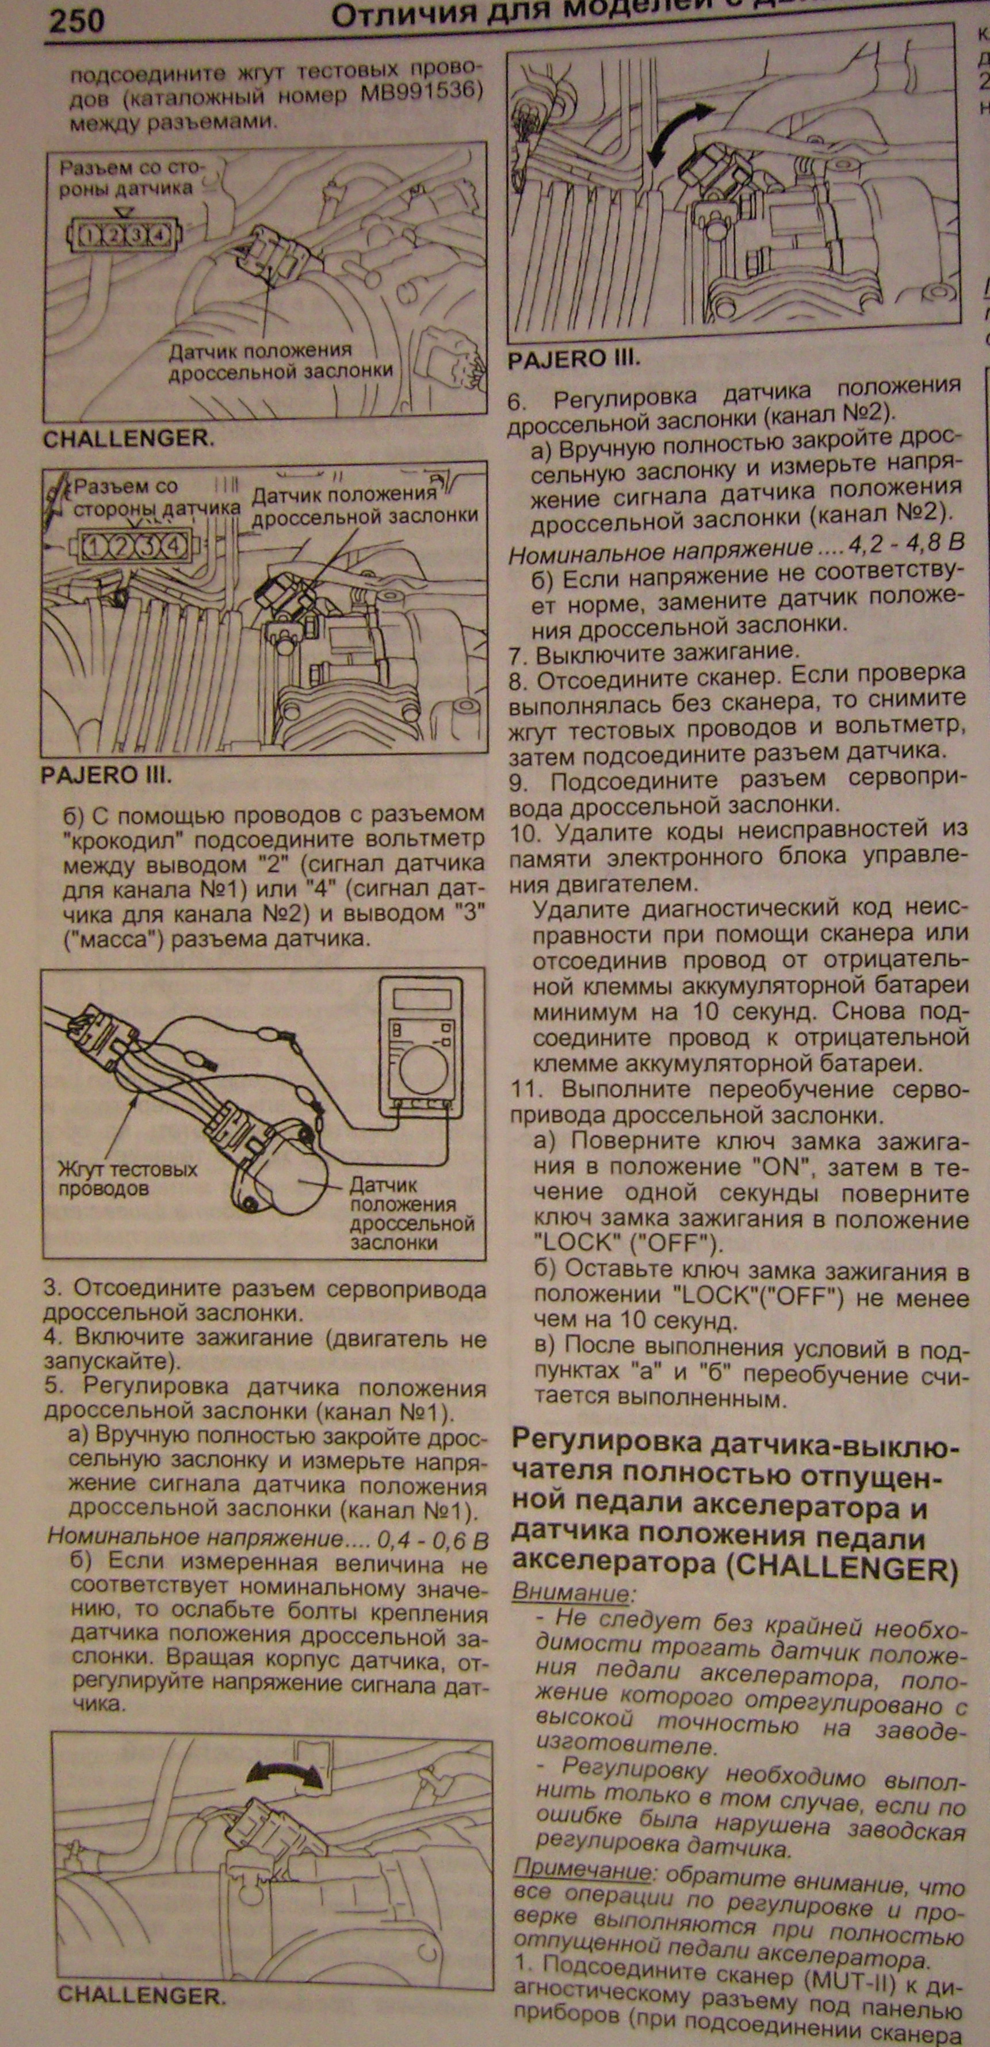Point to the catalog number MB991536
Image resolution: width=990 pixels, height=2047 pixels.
423,94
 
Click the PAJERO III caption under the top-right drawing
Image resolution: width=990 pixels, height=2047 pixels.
574,359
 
